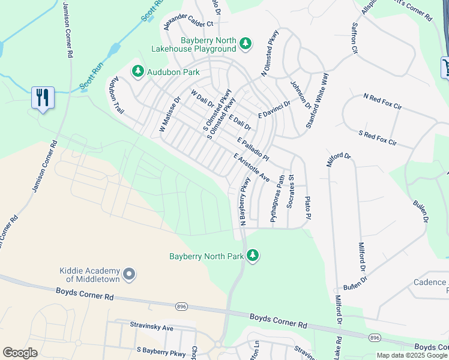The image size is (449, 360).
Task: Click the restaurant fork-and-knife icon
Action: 43,97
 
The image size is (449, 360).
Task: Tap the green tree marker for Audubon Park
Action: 138,71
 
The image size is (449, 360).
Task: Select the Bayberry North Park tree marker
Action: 253,256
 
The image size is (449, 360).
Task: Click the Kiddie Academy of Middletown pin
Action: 128,275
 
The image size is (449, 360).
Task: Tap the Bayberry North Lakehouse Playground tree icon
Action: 245,43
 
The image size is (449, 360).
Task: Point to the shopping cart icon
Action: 445,67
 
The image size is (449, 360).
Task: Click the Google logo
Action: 20,353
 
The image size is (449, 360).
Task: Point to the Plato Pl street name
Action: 308,207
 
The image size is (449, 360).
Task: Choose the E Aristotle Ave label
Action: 252,167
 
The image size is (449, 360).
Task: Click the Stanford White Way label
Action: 318,93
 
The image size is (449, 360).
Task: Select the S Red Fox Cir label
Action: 378,137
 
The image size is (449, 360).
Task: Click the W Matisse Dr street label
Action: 169,115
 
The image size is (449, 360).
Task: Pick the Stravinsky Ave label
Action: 151,328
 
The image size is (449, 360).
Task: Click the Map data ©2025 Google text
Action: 412,355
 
